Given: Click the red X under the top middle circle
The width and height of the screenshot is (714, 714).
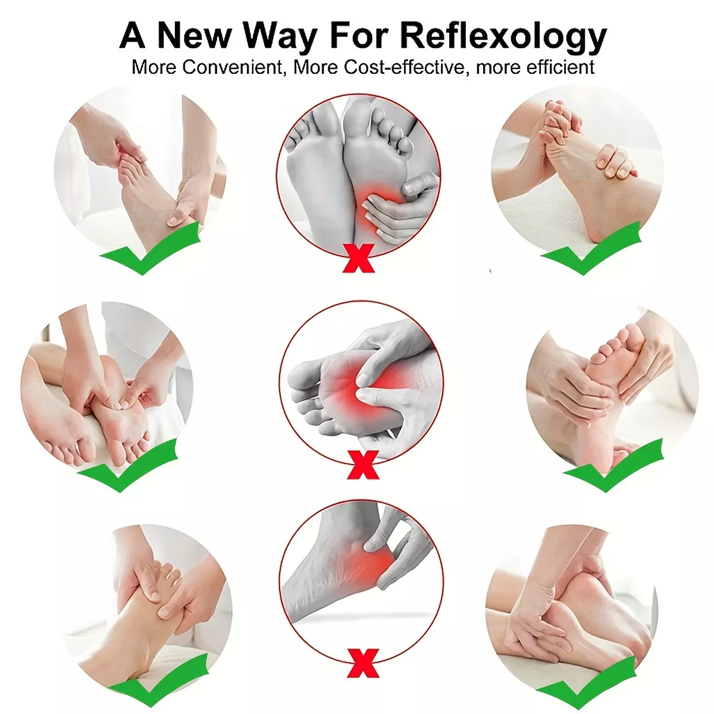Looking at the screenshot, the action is (x=358, y=258).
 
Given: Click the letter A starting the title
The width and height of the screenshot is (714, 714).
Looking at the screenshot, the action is (x=132, y=36).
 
